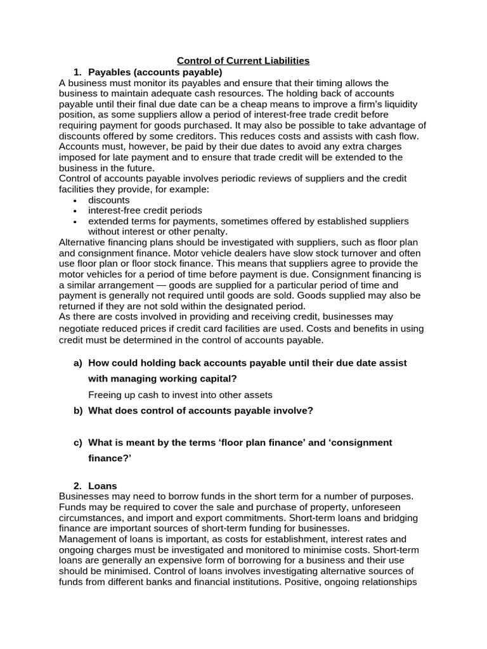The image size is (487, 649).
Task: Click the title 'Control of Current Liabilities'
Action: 243,61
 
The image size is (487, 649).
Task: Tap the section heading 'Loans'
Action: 102,485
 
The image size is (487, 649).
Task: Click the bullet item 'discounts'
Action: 108,200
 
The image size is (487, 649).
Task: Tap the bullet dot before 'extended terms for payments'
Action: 75,222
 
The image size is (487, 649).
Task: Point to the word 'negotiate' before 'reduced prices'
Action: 80,328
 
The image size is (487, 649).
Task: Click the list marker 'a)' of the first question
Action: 78,363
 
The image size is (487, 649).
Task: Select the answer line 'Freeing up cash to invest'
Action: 180,394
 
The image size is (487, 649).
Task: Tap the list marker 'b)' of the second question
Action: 78,410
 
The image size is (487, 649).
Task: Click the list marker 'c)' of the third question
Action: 78,442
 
